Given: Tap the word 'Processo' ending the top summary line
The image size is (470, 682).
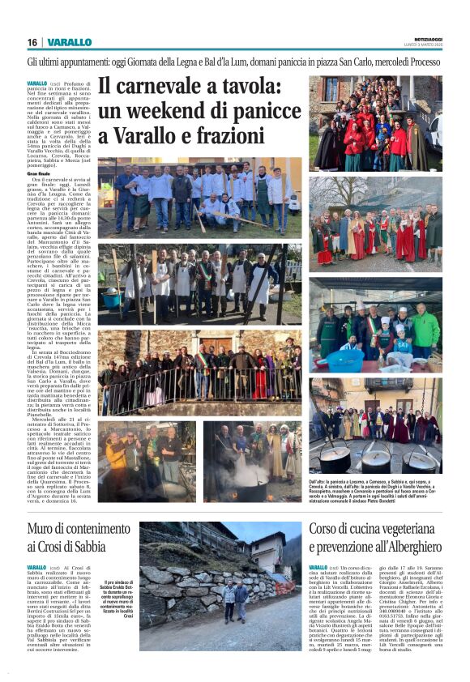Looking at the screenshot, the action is click(x=426, y=62).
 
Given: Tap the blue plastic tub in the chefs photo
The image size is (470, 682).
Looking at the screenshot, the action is click(x=345, y=358).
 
